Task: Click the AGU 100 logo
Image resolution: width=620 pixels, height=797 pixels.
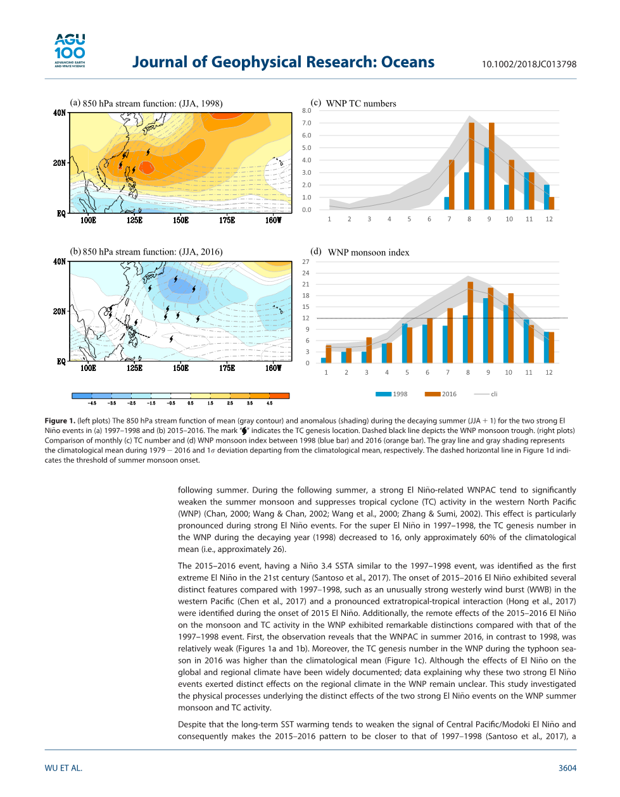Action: pos(70,51)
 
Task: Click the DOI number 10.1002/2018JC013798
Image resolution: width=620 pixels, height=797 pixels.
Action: pos(529,64)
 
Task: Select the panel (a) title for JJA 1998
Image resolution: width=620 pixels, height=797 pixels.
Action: pos(146,103)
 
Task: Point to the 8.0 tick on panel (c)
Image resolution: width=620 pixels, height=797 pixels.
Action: pos(307,111)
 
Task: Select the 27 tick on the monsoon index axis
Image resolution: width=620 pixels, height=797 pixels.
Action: pos(306,261)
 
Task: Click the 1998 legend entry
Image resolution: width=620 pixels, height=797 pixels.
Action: pos(392,394)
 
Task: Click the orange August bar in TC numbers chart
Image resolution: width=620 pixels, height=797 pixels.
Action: pos(472,166)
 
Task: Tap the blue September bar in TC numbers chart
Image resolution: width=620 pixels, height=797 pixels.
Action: pos(486,178)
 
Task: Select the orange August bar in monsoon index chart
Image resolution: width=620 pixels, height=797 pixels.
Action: pos(471,322)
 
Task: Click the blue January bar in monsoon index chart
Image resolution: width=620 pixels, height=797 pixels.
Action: pos(324,360)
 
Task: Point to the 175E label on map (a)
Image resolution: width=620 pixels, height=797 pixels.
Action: pos(227,220)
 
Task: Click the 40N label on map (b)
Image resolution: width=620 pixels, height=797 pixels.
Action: pos(60,261)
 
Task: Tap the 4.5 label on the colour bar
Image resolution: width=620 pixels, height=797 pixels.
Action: pos(269,403)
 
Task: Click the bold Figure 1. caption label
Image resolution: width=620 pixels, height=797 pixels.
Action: pos(60,420)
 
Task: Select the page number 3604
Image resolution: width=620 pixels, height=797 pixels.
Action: pos(567,768)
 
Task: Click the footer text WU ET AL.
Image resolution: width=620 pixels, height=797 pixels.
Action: pos(63,768)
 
